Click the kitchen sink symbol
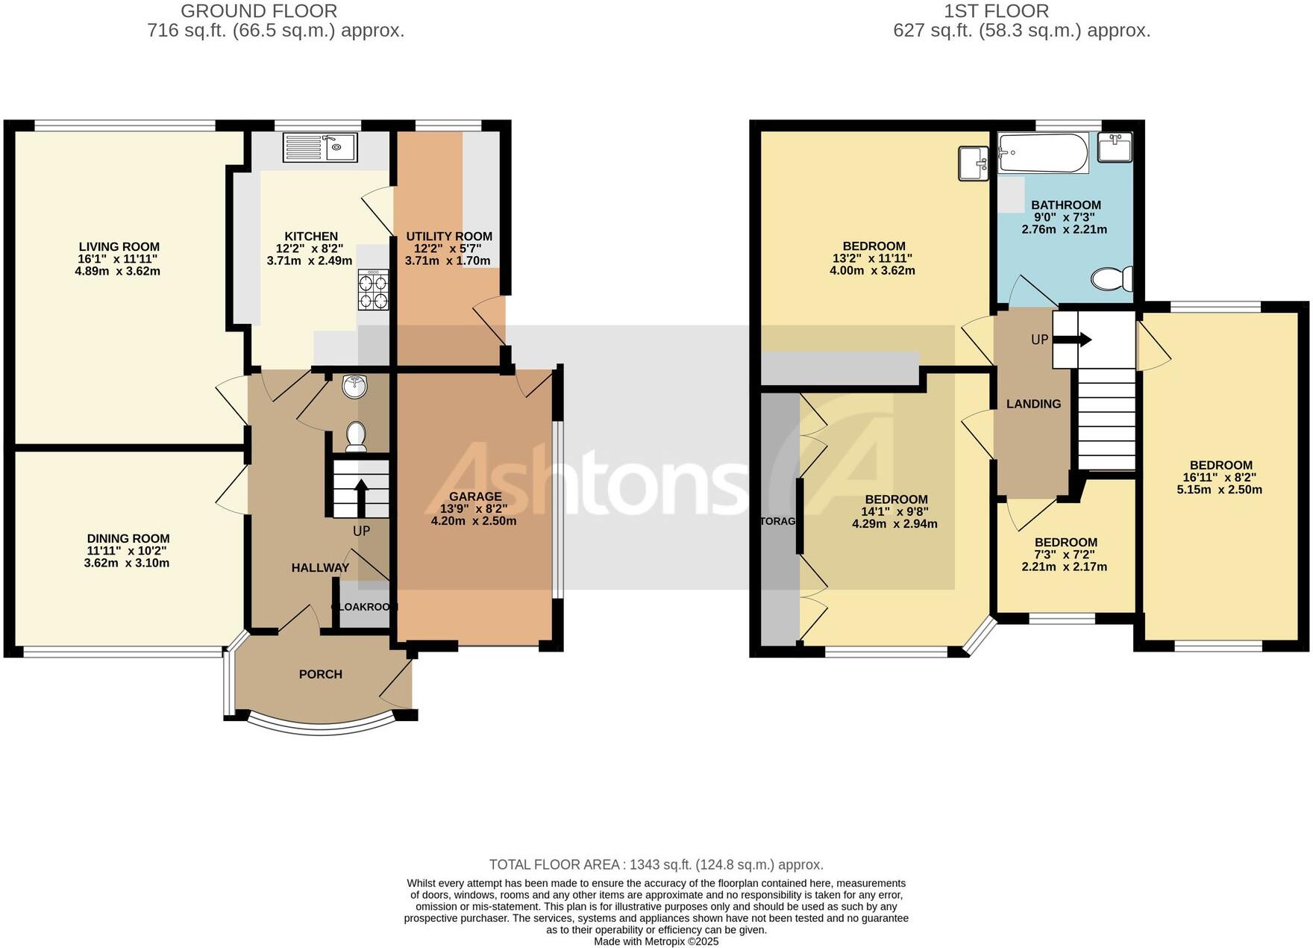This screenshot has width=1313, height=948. point(320,147)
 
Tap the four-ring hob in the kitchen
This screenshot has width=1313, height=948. point(374,290)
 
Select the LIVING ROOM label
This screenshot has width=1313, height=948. point(119,247)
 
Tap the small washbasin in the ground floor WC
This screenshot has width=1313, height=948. point(355,387)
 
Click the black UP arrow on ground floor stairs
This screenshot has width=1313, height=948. point(360,497)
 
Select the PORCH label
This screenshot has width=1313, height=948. point(321,674)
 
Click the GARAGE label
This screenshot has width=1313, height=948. point(475,496)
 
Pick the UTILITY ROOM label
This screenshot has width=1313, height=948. point(449,237)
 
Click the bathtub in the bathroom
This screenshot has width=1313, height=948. point(1043,152)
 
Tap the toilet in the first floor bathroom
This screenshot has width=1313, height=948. point(1112,279)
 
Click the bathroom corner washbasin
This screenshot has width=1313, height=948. point(1115,146)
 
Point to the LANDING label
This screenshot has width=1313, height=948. point(1033,404)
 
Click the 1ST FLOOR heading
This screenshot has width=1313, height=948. point(996,11)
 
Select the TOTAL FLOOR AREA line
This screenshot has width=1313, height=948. point(656,864)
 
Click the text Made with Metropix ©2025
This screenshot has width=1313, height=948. point(656,941)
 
